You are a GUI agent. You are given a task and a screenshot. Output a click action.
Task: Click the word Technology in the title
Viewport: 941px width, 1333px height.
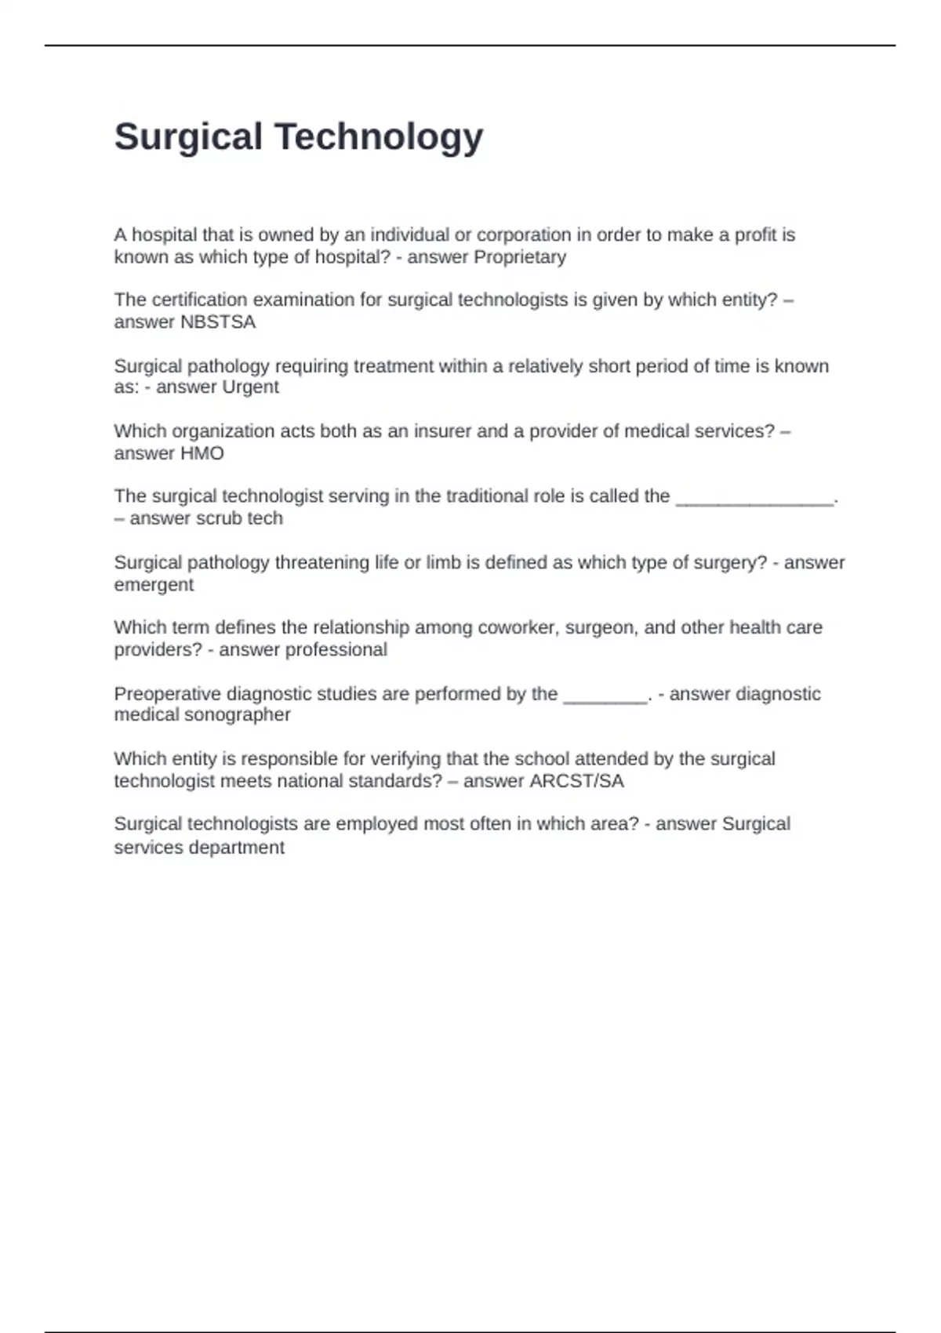378,137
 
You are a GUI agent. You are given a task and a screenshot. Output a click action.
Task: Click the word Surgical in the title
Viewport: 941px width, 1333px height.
188,137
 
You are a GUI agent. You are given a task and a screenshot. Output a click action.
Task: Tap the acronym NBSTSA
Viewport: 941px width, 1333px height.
218,322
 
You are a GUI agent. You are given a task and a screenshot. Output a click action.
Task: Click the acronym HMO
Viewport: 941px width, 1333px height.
202,453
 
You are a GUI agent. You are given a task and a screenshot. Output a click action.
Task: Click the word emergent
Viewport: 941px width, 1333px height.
154,585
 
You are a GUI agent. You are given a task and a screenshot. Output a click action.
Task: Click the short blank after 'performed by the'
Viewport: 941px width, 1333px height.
605,696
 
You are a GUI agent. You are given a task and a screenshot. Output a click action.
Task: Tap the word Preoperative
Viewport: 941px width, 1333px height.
167,694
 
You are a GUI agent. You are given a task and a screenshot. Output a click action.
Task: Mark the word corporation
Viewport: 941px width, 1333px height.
524,235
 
